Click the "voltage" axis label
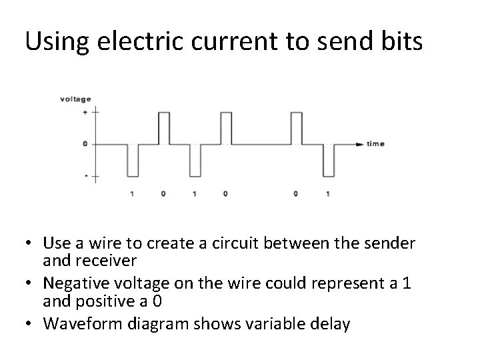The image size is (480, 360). [x=75, y=99]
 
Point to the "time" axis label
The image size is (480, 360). [x=375, y=144]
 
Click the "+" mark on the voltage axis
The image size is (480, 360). [x=85, y=113]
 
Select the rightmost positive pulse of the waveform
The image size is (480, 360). [x=296, y=128]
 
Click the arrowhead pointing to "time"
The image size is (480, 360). [x=360, y=144]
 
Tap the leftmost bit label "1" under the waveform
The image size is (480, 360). [x=133, y=194]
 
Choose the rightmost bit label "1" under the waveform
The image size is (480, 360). [x=327, y=194]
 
